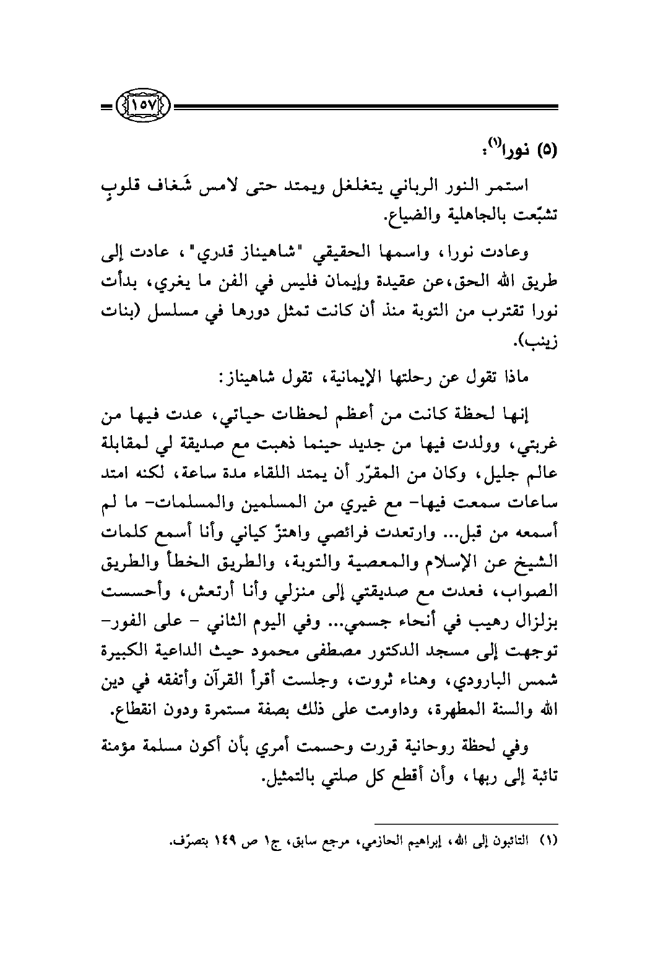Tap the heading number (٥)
coord(545,150)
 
